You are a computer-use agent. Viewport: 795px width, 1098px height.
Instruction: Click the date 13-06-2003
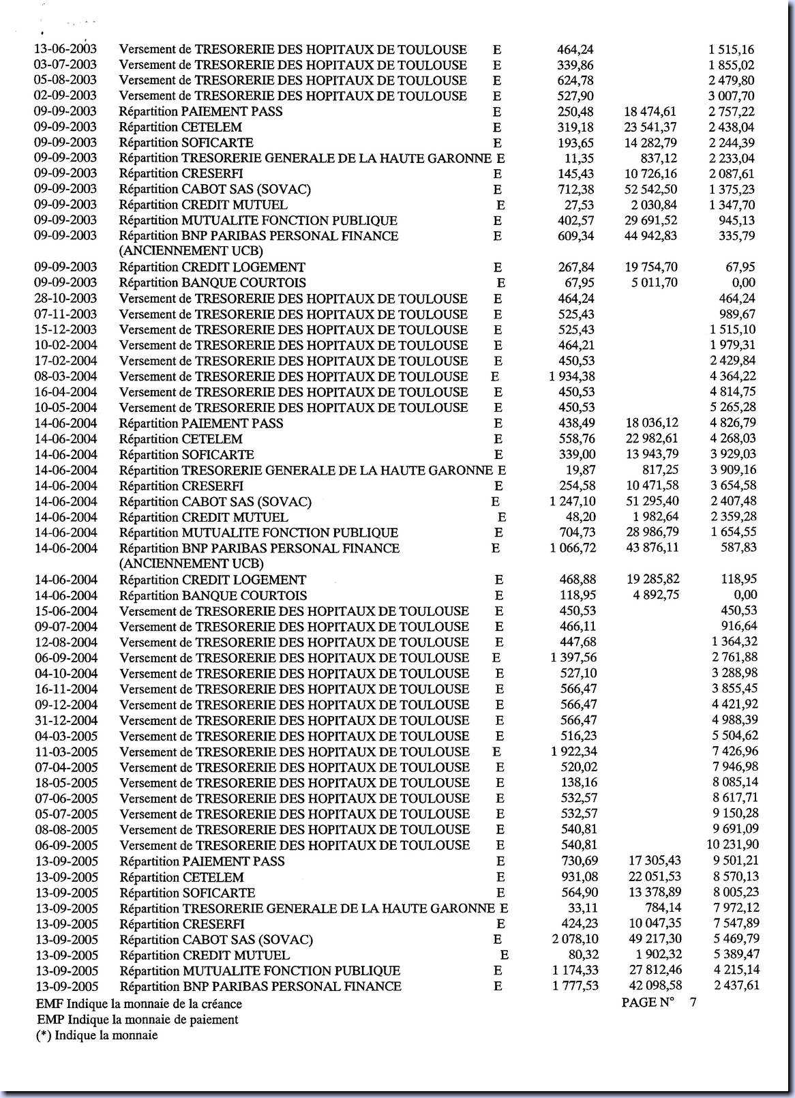click(65, 49)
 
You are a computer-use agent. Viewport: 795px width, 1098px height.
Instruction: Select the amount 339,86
click(575, 65)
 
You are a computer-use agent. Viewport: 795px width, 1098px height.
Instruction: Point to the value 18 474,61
click(651, 111)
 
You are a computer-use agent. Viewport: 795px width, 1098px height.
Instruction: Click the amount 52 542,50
click(651, 189)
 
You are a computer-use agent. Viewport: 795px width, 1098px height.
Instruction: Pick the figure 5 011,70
click(655, 282)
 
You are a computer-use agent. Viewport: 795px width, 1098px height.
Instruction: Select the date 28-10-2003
click(65, 298)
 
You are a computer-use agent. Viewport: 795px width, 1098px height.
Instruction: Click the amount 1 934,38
click(571, 376)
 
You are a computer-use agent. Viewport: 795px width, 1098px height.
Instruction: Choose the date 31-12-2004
click(66, 720)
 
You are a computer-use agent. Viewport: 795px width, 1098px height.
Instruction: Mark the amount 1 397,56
click(571, 657)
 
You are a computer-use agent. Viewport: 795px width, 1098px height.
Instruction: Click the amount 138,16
click(577, 783)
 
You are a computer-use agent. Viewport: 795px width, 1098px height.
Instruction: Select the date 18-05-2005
click(66, 783)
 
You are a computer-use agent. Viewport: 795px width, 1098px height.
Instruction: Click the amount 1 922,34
click(571, 752)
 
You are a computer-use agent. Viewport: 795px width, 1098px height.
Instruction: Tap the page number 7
click(693, 1001)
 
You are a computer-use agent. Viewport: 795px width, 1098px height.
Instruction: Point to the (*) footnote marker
click(44, 1035)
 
